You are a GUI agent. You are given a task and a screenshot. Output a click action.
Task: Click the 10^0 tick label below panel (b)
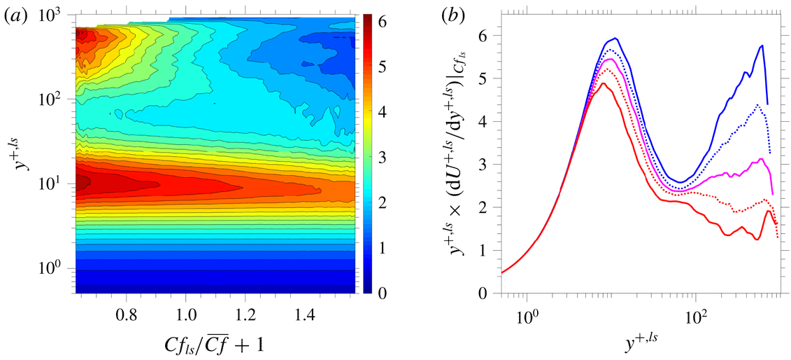(x=526, y=313)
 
